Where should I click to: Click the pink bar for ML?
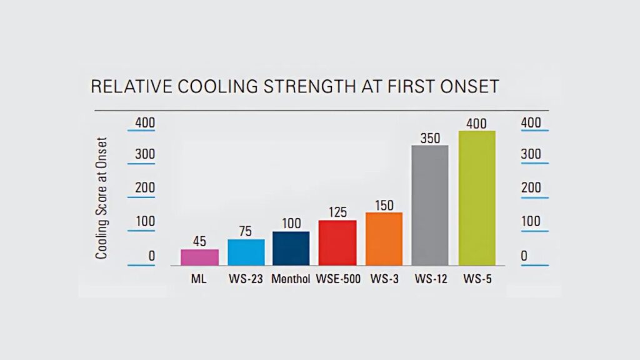(x=199, y=257)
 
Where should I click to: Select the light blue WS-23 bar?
(x=246, y=252)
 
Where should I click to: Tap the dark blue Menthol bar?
(x=291, y=248)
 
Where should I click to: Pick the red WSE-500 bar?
(x=337, y=242)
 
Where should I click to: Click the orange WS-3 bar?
(x=384, y=239)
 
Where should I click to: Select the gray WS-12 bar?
(x=429, y=205)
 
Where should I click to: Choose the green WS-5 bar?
(x=477, y=198)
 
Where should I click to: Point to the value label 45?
(x=199, y=241)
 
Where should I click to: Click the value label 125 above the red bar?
(x=337, y=212)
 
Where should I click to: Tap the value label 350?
(x=429, y=137)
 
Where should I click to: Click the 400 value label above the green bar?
(x=477, y=123)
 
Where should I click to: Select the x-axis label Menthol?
(x=291, y=279)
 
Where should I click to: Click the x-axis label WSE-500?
(x=337, y=279)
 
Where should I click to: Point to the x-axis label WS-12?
(x=429, y=279)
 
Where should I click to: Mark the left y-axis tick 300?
(x=145, y=154)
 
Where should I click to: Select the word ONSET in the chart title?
(x=469, y=86)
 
